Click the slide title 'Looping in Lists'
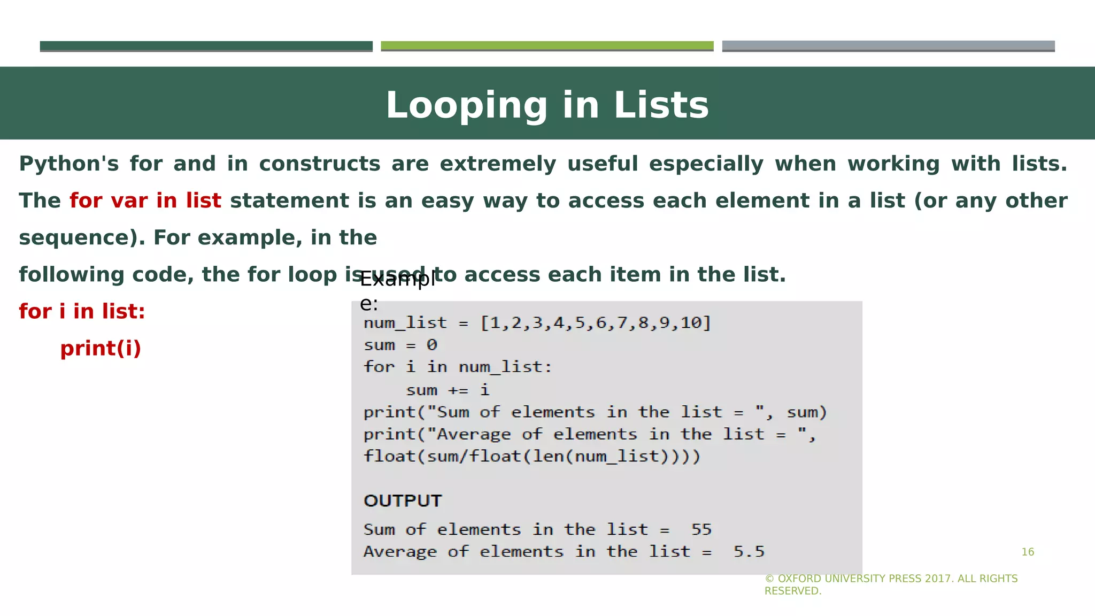[547, 105]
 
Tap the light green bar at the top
[547, 46]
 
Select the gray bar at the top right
[888, 46]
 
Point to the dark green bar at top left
[206, 46]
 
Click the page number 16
[1028, 552]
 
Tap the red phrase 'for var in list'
[145, 201]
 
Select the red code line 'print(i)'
[101, 349]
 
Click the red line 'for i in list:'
[82, 312]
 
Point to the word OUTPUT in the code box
[403, 501]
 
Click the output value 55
[701, 530]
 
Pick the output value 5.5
[749, 552]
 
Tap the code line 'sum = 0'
[400, 345]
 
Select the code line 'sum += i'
[448, 390]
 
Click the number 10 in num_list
[690, 323]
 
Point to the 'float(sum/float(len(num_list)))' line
[531, 457]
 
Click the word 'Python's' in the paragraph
[69, 164]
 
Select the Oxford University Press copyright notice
[891, 584]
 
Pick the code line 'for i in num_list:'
[457, 367]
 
